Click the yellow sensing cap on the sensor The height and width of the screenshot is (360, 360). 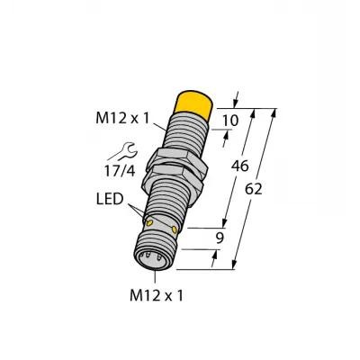(x=194, y=103)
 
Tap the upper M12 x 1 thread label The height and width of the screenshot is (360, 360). (x=122, y=118)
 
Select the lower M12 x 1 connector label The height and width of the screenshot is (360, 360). (x=156, y=296)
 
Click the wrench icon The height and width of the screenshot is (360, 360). (x=123, y=151)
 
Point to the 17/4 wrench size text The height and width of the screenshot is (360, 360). (x=120, y=171)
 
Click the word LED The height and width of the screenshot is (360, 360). (x=110, y=199)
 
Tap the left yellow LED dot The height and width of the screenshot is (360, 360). (x=149, y=222)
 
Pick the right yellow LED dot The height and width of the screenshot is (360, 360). (x=175, y=229)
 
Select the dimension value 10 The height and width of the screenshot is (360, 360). (x=230, y=121)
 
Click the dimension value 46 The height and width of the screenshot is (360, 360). (x=239, y=166)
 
